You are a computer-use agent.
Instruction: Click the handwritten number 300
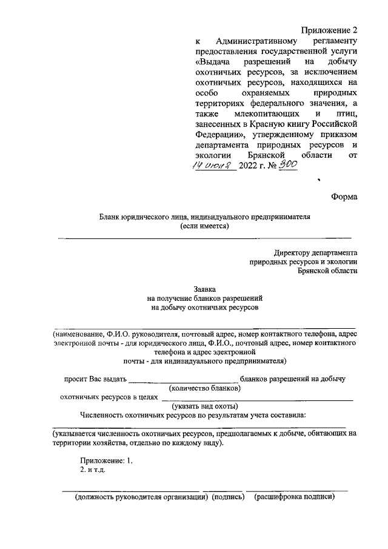tap(286, 164)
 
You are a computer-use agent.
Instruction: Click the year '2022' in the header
tap(249, 166)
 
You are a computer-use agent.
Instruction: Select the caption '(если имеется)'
tap(204, 226)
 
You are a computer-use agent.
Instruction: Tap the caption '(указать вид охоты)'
tap(204, 406)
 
